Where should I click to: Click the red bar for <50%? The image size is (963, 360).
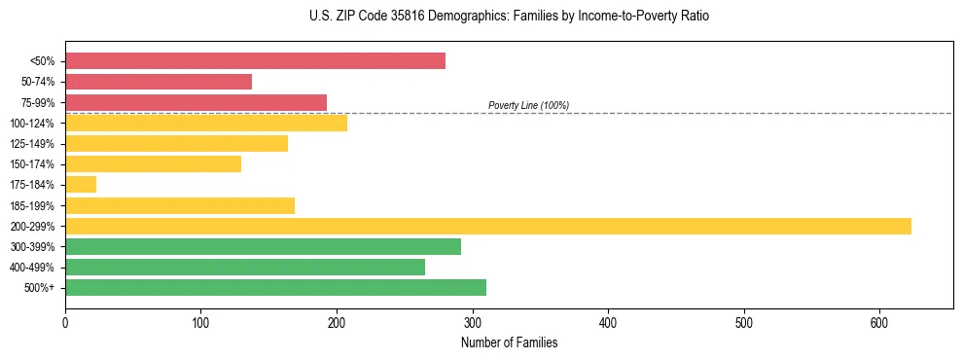[x=255, y=61]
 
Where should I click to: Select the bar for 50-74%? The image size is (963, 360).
[x=159, y=82]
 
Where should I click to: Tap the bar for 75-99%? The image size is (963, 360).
[x=196, y=102]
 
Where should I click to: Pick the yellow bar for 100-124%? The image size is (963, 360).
[x=206, y=123]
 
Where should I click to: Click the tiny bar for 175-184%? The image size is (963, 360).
[x=81, y=185]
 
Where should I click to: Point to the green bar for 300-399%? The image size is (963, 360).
[x=263, y=247]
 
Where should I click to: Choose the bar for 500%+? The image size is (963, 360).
[x=275, y=288]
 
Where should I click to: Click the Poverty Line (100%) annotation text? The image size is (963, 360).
[x=528, y=105]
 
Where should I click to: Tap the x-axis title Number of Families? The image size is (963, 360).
[x=509, y=342]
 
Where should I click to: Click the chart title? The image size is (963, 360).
[x=509, y=17]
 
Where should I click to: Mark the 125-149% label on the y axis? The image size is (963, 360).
[x=32, y=144]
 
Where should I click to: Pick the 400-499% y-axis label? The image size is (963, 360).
[x=32, y=268]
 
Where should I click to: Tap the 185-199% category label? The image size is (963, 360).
[x=32, y=206]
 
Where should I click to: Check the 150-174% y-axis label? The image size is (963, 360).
[x=32, y=164]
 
